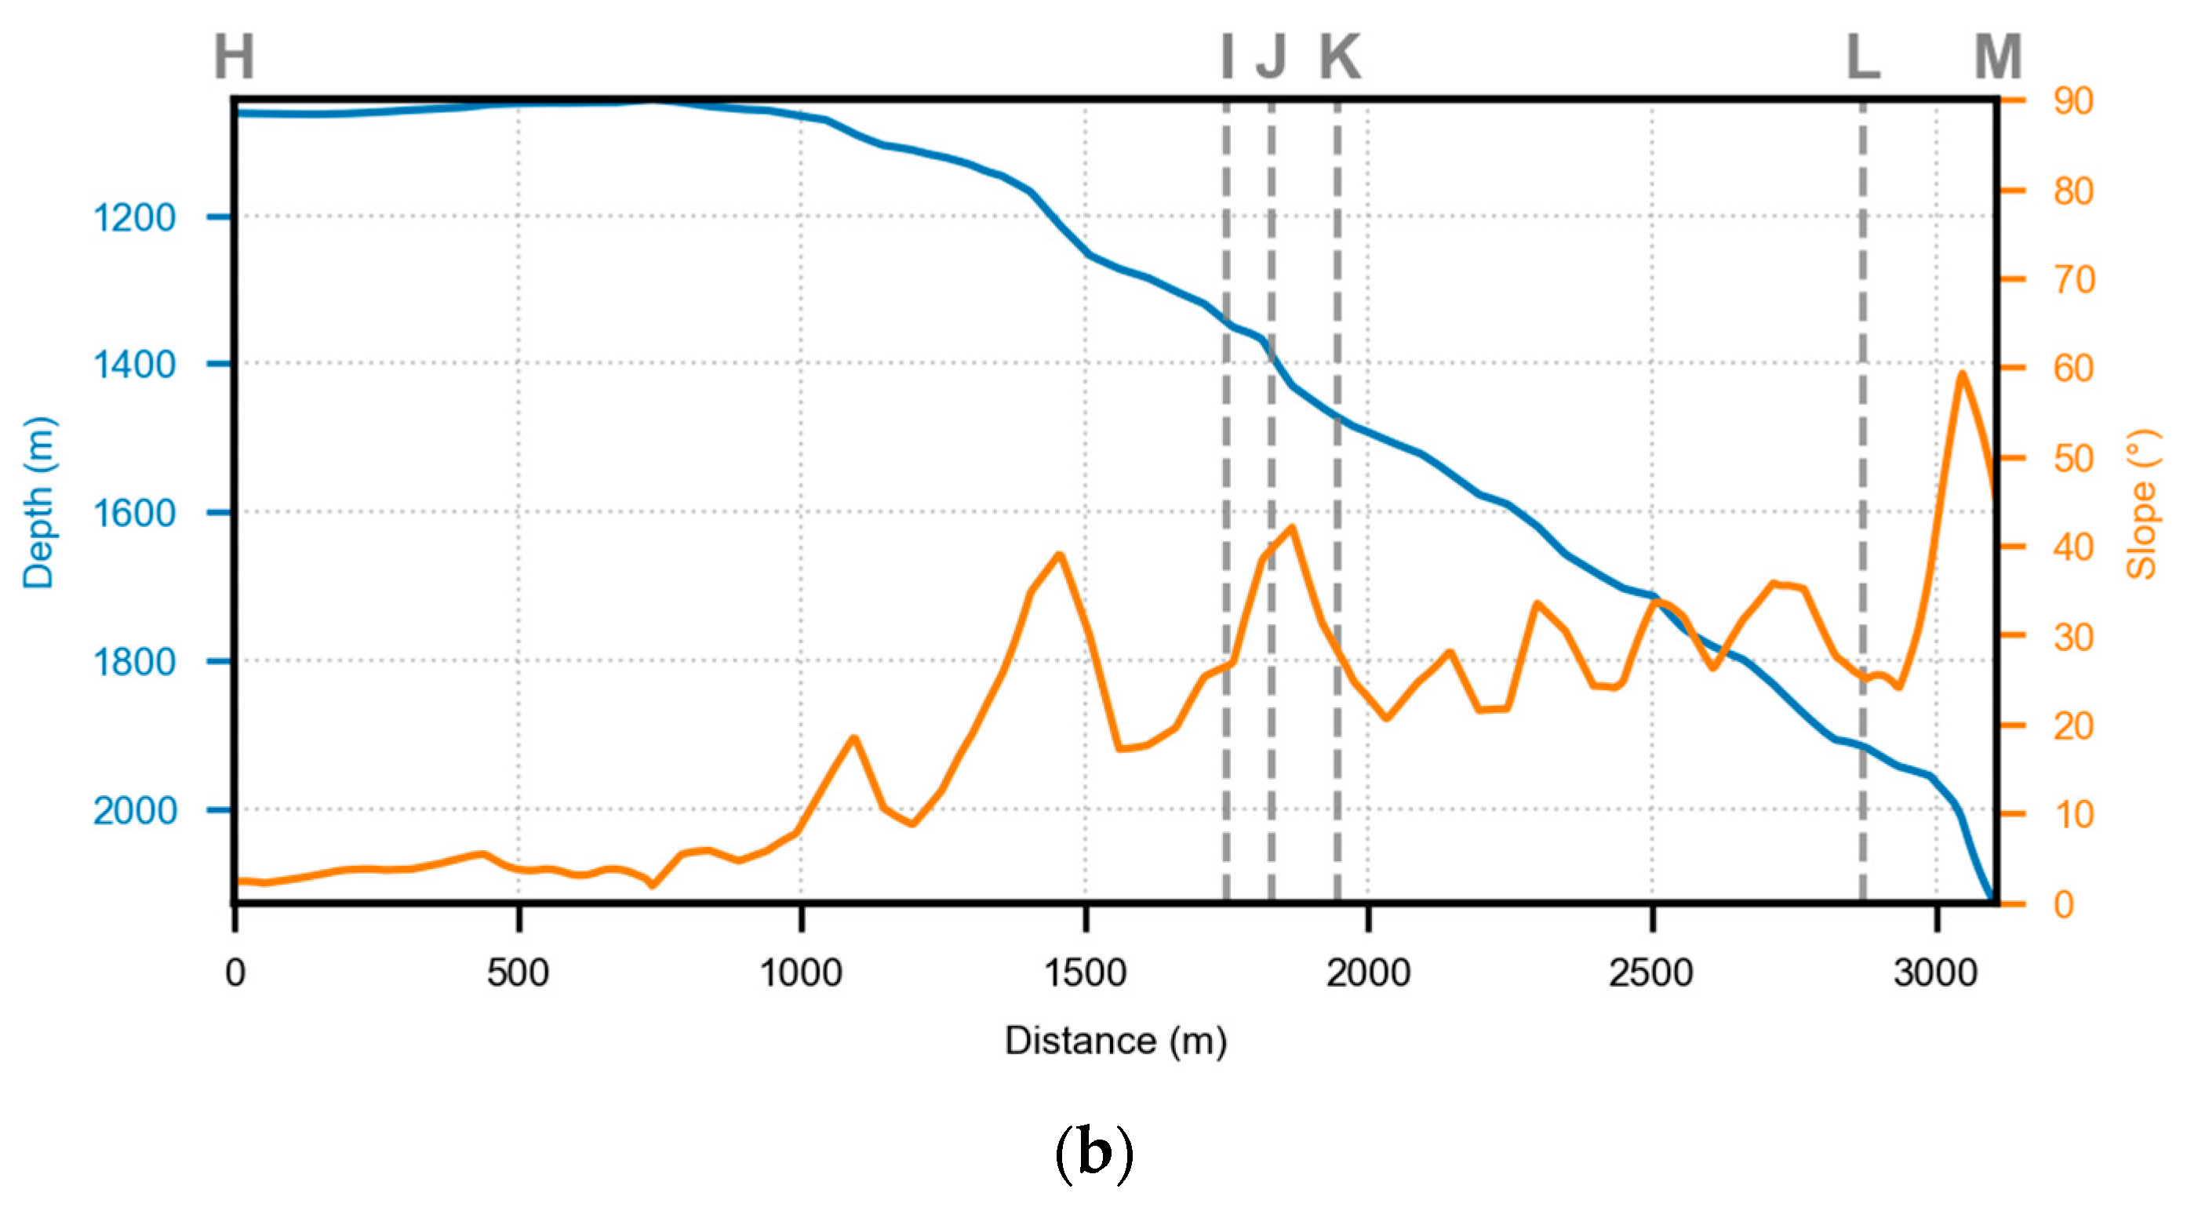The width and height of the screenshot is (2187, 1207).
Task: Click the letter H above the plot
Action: tap(234, 57)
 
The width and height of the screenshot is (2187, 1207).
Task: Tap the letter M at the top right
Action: tap(1998, 57)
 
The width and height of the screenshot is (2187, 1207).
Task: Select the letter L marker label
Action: tap(1864, 57)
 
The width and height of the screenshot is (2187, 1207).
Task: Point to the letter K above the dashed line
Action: tap(1340, 57)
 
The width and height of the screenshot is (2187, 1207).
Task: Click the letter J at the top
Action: tap(1271, 57)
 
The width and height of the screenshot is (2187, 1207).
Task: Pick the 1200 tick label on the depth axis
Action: tap(134, 218)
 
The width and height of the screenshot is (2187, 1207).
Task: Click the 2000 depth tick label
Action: tap(134, 811)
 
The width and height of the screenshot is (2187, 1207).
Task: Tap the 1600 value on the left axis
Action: tap(134, 514)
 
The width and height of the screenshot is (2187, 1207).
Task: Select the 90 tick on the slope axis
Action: tap(2073, 101)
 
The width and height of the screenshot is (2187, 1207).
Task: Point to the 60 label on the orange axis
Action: tap(2073, 369)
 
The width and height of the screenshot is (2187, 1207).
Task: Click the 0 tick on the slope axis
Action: tap(2064, 905)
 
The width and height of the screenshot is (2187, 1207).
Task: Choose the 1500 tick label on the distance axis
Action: tap(1085, 973)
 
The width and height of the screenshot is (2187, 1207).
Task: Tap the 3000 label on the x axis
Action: tap(1935, 973)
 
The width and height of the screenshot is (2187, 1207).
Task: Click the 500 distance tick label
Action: tap(518, 973)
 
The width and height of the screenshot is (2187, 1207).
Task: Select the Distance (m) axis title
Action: tap(1115, 1041)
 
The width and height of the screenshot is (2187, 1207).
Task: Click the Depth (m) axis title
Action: tap(38, 503)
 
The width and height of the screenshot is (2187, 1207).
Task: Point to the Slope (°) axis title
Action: tap(2142, 504)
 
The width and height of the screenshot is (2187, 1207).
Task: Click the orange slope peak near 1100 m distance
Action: tap(853, 739)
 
